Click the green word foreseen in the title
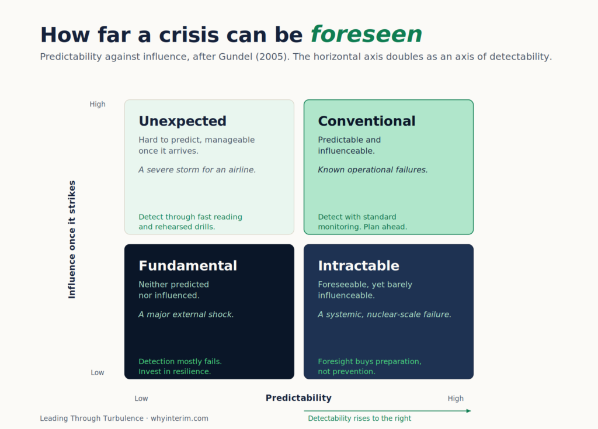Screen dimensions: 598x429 pyautogui.click(x=366, y=34)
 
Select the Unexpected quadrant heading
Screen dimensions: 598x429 pyautogui.click(x=182, y=121)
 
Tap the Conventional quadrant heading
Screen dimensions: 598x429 pyautogui.click(x=367, y=121)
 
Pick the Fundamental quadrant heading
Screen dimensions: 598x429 pyautogui.click(x=187, y=266)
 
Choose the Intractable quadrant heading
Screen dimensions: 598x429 pyautogui.click(x=359, y=266)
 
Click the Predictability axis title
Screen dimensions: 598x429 pyautogui.click(x=298, y=398)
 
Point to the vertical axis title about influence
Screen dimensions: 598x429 pyautogui.click(x=72, y=239)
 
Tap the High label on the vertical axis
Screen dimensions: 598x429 pyautogui.click(x=98, y=104)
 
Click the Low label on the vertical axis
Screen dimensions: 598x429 pyautogui.click(x=98, y=372)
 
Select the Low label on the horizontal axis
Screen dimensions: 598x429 pyautogui.click(x=141, y=399)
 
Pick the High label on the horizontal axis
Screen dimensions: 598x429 pyautogui.click(x=456, y=399)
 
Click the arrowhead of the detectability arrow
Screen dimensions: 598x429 pyautogui.click(x=469, y=411)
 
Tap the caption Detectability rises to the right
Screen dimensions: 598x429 pyautogui.click(x=360, y=418)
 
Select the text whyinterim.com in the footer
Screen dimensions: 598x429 pyautogui.click(x=179, y=418)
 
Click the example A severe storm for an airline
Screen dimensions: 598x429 pyautogui.click(x=197, y=170)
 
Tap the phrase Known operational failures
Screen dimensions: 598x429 pyautogui.click(x=373, y=170)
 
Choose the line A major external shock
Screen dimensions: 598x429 pyautogui.click(x=186, y=314)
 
